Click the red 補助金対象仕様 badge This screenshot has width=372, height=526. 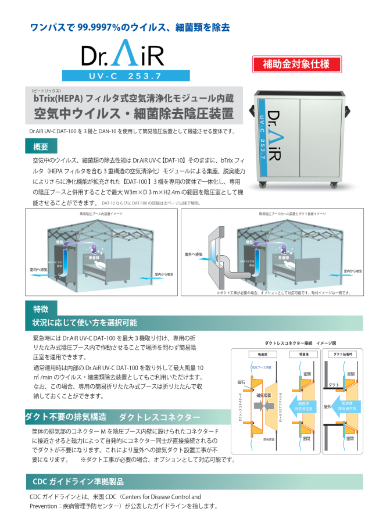click(296, 63)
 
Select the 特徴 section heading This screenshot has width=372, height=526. click(41, 309)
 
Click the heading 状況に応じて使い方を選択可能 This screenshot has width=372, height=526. click(85, 323)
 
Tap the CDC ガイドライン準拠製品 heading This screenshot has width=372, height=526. click(78, 482)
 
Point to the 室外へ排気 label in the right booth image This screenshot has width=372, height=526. click(194, 254)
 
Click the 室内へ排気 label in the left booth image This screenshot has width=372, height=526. click(38, 270)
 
